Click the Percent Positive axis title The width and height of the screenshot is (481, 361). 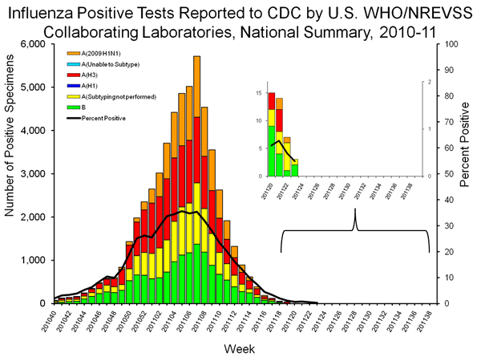coord(467,174)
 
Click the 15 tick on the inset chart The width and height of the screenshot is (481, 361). coord(259,93)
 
